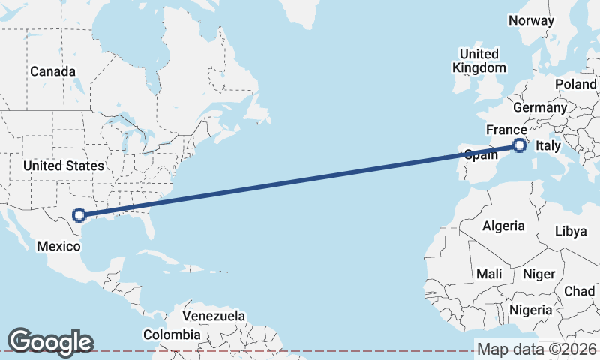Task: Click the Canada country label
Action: tap(52, 71)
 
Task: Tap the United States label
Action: tap(63, 165)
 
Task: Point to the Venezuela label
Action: tap(214, 316)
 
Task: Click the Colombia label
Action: tap(172, 334)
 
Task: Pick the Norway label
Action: tap(531, 21)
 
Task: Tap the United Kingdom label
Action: tap(478, 61)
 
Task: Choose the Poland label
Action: tap(576, 84)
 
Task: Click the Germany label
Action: tap(540, 107)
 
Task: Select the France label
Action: tap(506, 130)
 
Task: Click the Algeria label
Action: tap(503, 226)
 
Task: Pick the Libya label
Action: tap(571, 231)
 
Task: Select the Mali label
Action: tap(489, 274)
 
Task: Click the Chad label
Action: tap(579, 291)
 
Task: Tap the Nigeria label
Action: tap(531, 309)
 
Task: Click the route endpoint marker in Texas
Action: tap(79, 216)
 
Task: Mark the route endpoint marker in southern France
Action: tap(520, 145)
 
